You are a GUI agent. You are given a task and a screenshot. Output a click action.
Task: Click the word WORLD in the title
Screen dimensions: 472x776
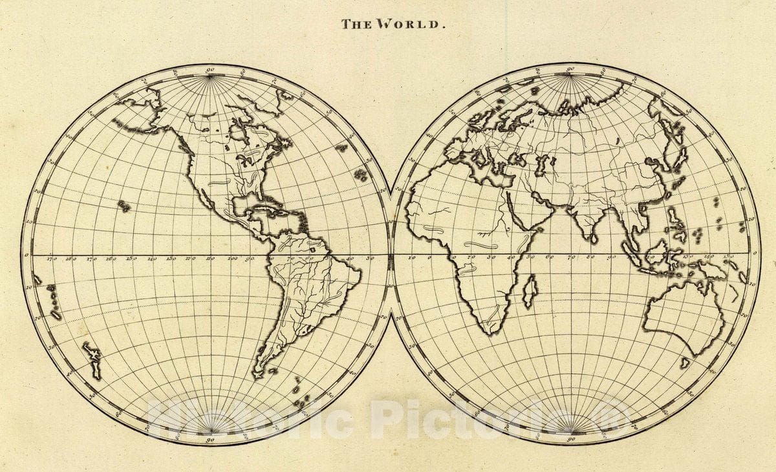[419, 25]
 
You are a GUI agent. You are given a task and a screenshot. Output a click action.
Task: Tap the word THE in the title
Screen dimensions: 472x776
[356, 25]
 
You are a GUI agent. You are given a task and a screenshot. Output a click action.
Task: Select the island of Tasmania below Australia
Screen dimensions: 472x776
[685, 363]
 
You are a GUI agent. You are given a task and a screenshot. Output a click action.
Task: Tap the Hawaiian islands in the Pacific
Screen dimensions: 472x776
[123, 206]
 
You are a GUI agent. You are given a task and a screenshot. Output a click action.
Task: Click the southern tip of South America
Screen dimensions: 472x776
[257, 374]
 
